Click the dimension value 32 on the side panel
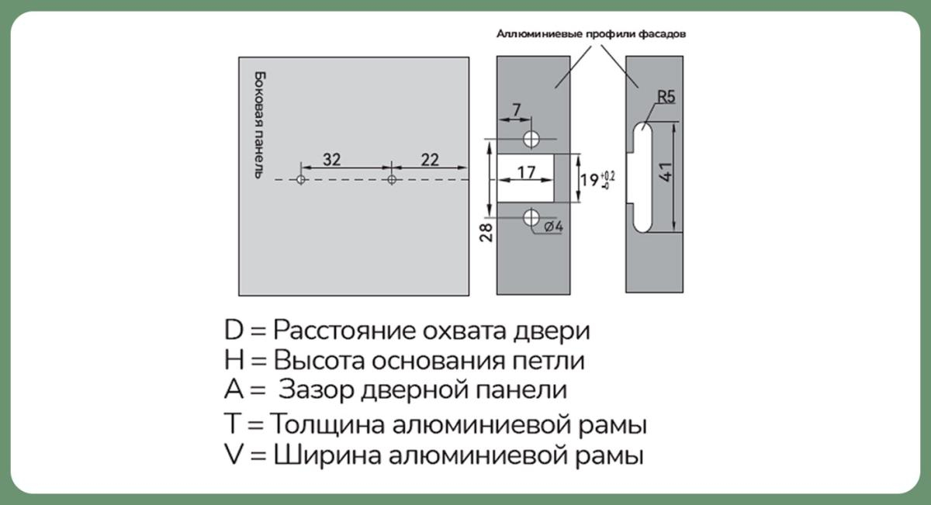(x=331, y=160)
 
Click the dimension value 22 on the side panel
(x=429, y=160)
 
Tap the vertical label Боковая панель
(x=261, y=125)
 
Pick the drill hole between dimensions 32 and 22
(x=392, y=180)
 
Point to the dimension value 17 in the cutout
(x=525, y=173)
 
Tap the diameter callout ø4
(x=553, y=227)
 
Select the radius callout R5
(x=666, y=98)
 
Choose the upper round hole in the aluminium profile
(x=531, y=140)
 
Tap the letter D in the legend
(x=234, y=330)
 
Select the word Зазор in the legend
(x=317, y=389)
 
